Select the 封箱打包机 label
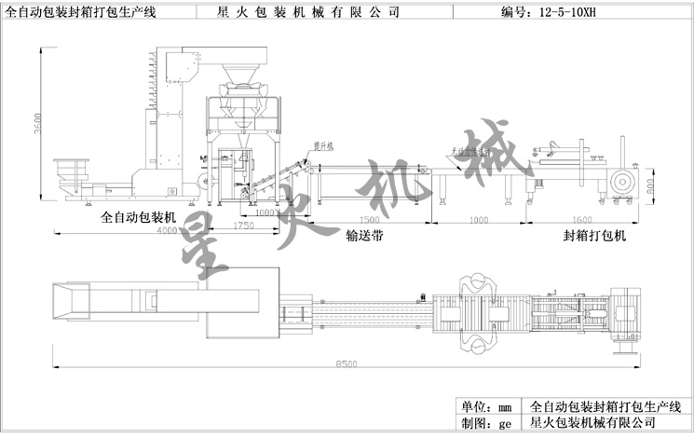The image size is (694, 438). [x=595, y=237]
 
